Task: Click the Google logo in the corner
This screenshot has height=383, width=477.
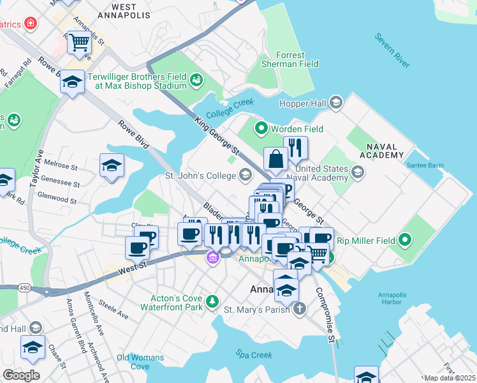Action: pos(21,375)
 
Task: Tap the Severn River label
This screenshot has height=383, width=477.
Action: pos(393,51)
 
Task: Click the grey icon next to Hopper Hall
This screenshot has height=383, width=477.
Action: pos(336,103)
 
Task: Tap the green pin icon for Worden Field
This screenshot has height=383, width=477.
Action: pos(260,129)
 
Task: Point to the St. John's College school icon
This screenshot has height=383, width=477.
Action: pos(246,175)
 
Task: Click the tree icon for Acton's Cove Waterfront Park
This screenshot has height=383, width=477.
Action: pos(212,300)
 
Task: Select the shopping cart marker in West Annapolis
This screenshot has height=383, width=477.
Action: pos(79,43)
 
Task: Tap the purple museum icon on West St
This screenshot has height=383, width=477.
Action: pos(212,258)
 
